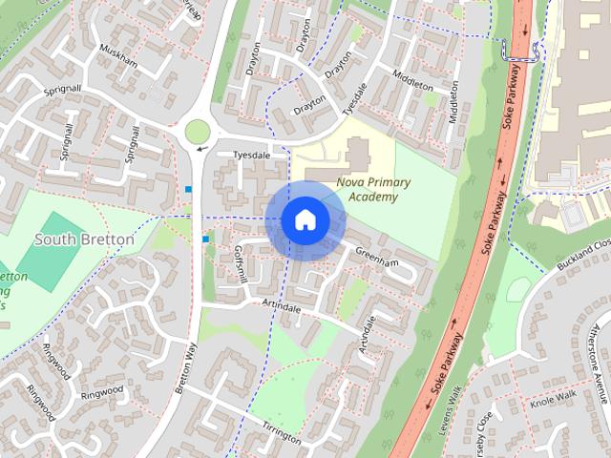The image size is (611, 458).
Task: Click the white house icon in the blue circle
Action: [x=305, y=220]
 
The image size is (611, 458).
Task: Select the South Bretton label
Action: [x=84, y=239]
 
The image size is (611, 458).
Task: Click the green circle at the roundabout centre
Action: [x=198, y=131]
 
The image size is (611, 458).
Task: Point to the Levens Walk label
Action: [x=450, y=406]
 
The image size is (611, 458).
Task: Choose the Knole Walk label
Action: [x=555, y=397]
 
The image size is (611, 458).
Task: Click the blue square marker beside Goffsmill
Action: [x=205, y=239]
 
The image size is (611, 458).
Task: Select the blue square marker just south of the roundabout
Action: [x=189, y=189]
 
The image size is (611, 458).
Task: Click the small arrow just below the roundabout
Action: [x=201, y=148]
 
